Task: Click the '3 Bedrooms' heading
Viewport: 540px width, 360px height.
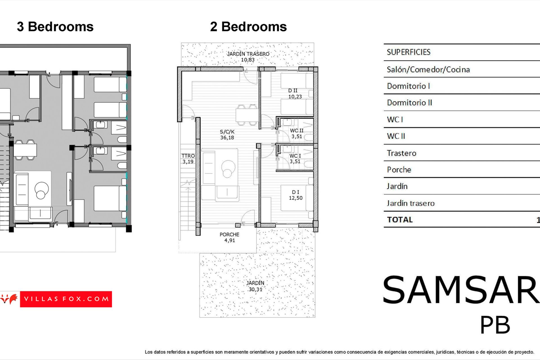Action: click(x=55, y=27)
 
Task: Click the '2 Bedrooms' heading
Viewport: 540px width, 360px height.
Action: click(x=248, y=27)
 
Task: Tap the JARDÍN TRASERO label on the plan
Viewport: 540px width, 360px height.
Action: click(x=248, y=57)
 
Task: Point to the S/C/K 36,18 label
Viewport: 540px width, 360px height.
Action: click(x=227, y=134)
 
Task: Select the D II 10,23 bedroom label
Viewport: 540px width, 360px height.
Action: click(x=295, y=93)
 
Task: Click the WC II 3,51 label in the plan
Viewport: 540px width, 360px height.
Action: click(x=297, y=134)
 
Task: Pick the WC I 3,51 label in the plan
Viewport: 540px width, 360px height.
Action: click(x=295, y=159)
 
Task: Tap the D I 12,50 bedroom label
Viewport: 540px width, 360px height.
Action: click(x=296, y=195)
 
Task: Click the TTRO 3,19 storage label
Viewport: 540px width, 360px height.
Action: click(x=188, y=159)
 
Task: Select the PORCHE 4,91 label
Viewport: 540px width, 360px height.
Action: click(x=229, y=237)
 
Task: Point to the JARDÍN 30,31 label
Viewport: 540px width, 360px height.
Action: click(x=255, y=286)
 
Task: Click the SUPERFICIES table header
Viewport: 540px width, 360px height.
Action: click(x=408, y=52)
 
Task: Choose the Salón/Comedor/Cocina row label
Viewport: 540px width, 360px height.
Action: click(x=428, y=69)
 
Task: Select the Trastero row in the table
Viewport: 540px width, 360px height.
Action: click(x=401, y=153)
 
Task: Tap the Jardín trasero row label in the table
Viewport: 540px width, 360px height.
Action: click(x=411, y=203)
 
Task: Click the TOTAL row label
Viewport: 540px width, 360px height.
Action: click(x=400, y=220)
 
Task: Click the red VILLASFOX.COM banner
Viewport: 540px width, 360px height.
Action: click(x=66, y=299)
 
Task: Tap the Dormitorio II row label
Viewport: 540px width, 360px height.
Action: click(x=409, y=103)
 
